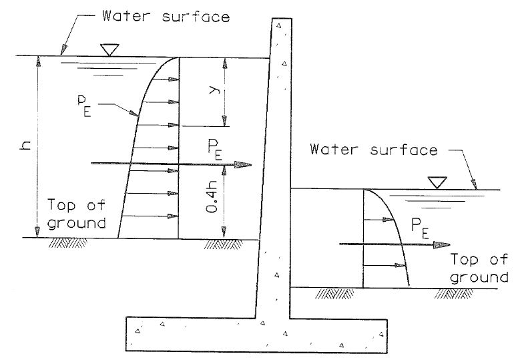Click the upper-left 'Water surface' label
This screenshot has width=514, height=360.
click(166, 15)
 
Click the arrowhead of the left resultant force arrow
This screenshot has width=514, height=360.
click(246, 164)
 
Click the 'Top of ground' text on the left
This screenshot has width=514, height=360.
click(77, 214)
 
